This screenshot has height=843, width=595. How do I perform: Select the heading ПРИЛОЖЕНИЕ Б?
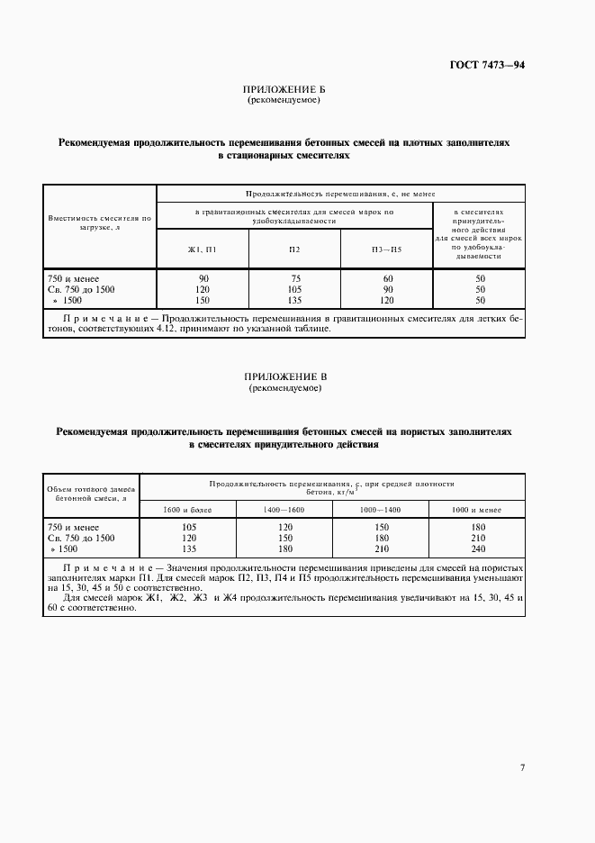coord(284,91)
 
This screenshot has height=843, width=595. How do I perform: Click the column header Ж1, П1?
coord(203,249)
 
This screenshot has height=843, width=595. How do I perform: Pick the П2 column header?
coord(294,249)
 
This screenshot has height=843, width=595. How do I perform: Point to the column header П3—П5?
coord(386,249)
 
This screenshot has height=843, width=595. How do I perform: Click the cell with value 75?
coord(294,278)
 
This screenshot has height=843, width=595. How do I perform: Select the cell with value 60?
coord(386,278)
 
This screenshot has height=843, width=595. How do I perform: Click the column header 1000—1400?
coord(381,511)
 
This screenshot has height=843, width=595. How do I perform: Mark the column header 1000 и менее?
coord(478,511)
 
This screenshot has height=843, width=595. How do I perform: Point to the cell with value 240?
coord(478,548)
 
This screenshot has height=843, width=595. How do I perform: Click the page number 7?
coord(523,767)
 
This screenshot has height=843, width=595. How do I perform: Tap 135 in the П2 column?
coord(294,300)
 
